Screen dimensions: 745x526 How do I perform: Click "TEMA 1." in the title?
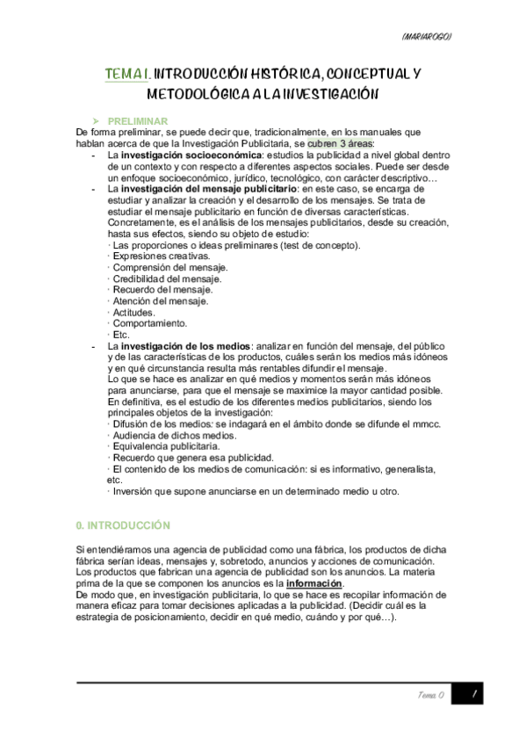(130, 76)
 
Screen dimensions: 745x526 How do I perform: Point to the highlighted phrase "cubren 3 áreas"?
(340, 142)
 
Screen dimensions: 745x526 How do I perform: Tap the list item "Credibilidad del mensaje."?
(167, 278)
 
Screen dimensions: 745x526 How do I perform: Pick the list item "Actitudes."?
(134, 313)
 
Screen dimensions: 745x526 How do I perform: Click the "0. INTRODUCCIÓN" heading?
(124, 524)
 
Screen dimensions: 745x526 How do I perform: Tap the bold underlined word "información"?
(314, 583)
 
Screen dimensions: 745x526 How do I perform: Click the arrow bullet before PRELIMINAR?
(97, 119)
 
